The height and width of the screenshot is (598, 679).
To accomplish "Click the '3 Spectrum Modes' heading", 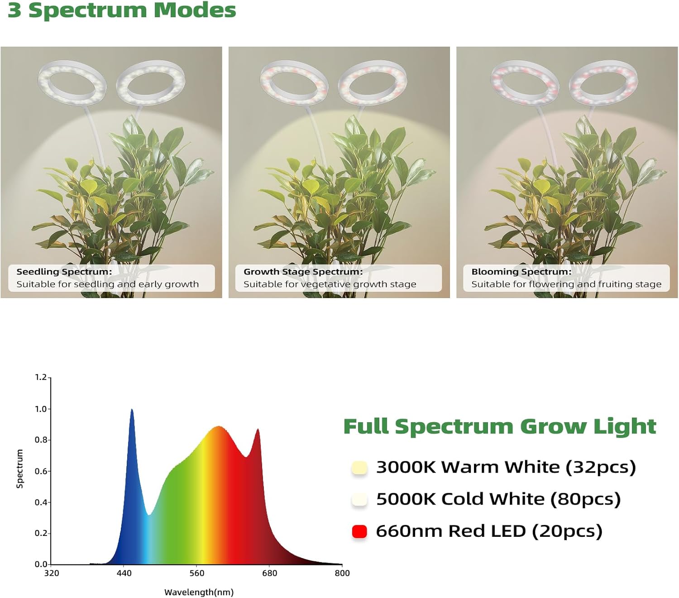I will [x=122, y=10].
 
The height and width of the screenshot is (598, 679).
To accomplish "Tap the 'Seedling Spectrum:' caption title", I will [x=64, y=272].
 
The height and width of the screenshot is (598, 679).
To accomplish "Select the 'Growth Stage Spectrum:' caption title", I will [x=303, y=272].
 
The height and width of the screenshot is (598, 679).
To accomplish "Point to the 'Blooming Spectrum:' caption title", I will [x=521, y=272].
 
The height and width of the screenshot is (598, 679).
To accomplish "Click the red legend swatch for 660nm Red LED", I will [x=359, y=531].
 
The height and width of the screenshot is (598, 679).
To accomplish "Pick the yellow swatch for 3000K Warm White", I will [x=359, y=468].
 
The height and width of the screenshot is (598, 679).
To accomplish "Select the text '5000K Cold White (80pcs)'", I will [x=498, y=499].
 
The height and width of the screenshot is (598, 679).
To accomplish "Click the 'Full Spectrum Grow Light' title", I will [x=499, y=426].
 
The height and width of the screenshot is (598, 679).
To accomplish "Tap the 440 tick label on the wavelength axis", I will [x=124, y=574].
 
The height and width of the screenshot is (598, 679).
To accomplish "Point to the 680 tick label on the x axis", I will [x=269, y=574].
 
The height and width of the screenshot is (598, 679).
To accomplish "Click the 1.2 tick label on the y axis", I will [x=41, y=377].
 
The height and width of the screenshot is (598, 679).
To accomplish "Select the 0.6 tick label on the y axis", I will [x=41, y=471].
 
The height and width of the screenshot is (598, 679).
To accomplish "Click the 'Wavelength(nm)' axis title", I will [x=199, y=592].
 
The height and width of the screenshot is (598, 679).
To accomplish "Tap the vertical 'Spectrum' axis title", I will [x=19, y=469].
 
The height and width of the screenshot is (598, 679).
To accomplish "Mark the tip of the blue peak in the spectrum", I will [x=132, y=410].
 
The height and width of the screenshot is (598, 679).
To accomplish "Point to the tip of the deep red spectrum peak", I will [x=258, y=429].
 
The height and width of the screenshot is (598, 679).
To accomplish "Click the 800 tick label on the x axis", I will [x=342, y=574].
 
